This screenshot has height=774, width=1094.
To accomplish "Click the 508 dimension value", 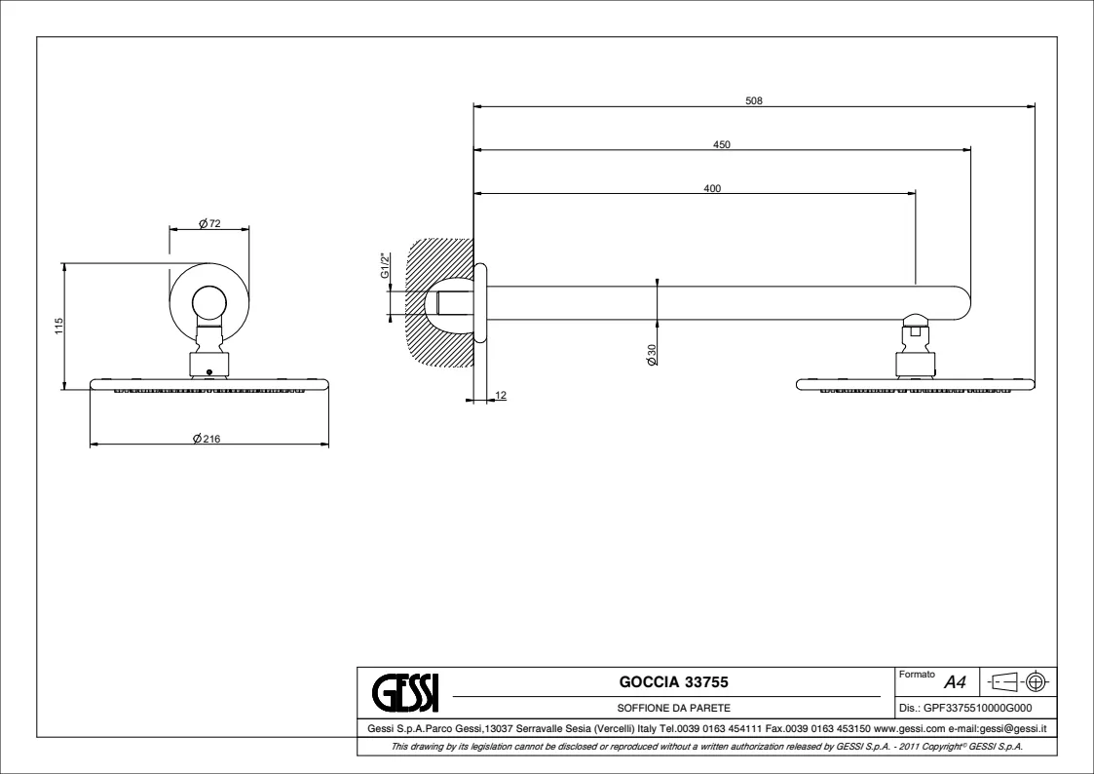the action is pyautogui.click(x=753, y=100).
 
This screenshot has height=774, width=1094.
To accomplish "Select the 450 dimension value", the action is pyautogui.click(x=722, y=144).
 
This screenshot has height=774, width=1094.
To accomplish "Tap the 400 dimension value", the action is pyautogui.click(x=712, y=188).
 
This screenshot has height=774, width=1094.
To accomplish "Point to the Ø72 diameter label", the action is pyautogui.click(x=209, y=223).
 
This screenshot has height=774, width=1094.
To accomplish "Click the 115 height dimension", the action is pyautogui.click(x=58, y=326).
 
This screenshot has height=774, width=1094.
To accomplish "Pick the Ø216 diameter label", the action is pyautogui.click(x=207, y=439).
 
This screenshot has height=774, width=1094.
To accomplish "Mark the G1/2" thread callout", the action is pyautogui.click(x=385, y=265).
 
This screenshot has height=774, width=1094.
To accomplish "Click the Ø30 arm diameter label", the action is pyautogui.click(x=652, y=355).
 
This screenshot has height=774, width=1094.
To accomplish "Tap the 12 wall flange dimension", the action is pyautogui.click(x=501, y=396).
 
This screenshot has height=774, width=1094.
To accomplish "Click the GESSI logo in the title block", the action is pyautogui.click(x=405, y=691).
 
